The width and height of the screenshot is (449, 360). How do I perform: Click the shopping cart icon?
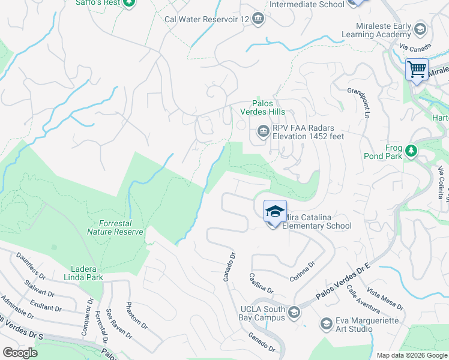[417, 68]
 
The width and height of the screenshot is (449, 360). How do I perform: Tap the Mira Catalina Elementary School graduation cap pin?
[274, 211]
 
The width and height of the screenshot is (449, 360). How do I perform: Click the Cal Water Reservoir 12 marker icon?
[258, 19]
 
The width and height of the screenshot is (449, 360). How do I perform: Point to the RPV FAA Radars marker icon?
[263, 130]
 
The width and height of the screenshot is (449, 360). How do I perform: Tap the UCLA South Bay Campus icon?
[294, 311]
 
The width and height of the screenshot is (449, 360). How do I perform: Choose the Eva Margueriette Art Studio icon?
[326, 324]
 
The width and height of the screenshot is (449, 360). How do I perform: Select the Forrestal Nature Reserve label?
[115, 227]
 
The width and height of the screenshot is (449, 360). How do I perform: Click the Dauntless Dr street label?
[31, 267]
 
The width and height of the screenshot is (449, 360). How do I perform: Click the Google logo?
[20, 353]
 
